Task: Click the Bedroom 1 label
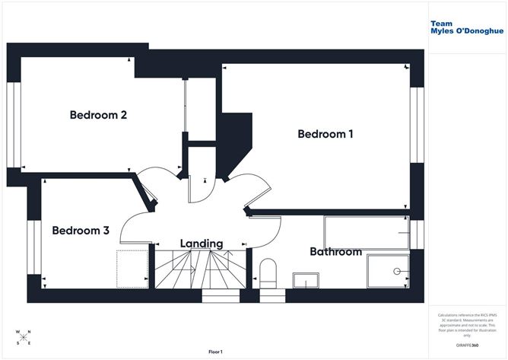pos(325,134)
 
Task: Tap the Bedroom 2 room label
pos(98,116)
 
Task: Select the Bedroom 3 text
pos(81,231)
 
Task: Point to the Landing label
pos(202,244)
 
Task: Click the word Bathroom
pos(335,251)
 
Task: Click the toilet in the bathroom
pos(268,272)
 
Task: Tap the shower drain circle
pos(396,271)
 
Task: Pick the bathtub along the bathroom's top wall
pos(366,232)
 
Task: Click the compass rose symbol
pos(23,337)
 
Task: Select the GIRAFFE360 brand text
pos(465,346)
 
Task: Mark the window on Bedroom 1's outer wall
pos(415,125)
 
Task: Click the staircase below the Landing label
pos(202,270)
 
